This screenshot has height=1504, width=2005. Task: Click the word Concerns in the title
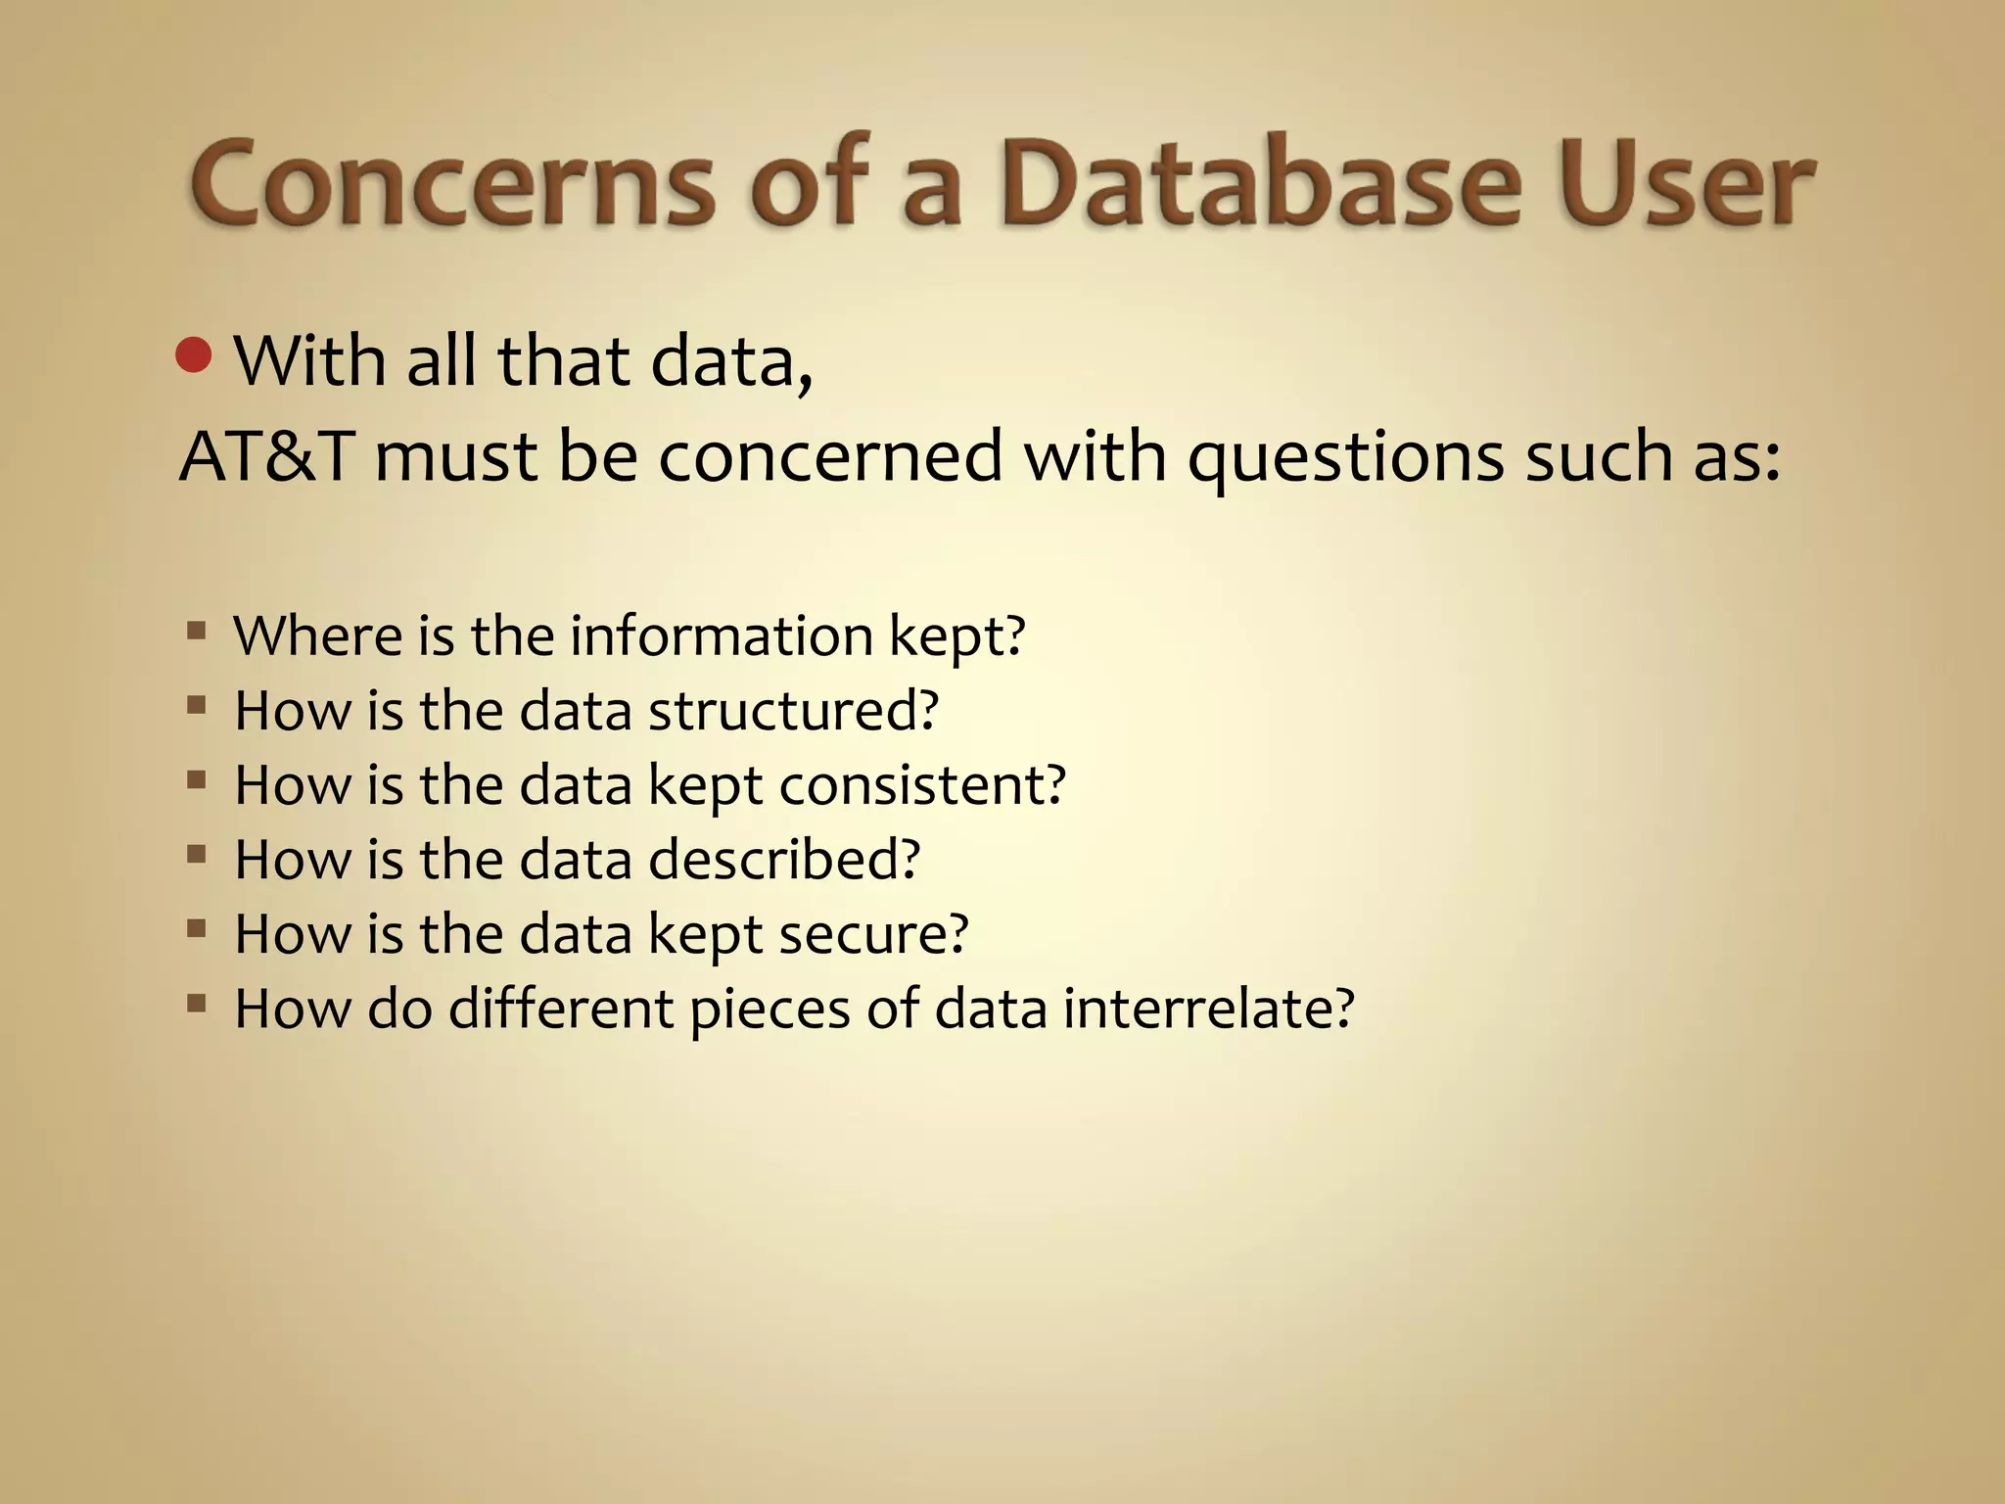click(x=451, y=183)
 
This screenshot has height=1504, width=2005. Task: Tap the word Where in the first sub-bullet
click(x=317, y=635)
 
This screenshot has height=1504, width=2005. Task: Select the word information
click(x=722, y=635)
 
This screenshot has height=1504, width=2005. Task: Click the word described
click(x=783, y=859)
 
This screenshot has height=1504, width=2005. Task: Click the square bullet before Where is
click(x=196, y=631)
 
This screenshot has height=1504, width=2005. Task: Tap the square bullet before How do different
click(x=196, y=1003)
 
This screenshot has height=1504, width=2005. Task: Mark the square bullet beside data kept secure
click(x=196, y=928)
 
